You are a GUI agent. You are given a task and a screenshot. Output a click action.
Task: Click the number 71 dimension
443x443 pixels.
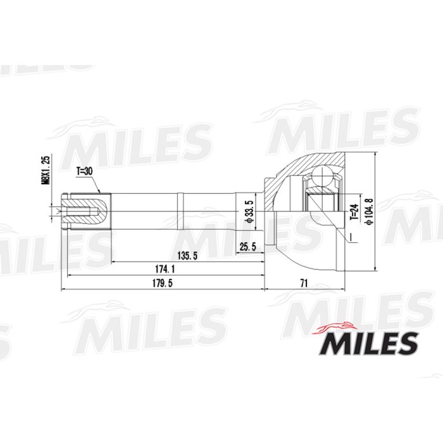pyautogui.click(x=304, y=284)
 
